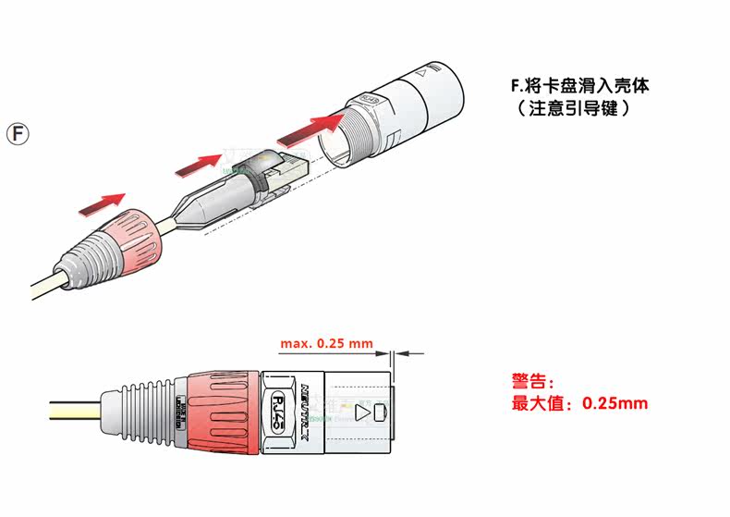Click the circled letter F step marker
click(x=18, y=133)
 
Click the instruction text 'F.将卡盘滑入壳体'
click(x=581, y=87)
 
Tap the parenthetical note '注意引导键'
click(x=574, y=108)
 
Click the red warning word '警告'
click(x=530, y=380)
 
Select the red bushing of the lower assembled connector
click(x=223, y=408)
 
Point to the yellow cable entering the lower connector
click(x=74, y=408)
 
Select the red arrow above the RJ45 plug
click(x=198, y=164)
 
